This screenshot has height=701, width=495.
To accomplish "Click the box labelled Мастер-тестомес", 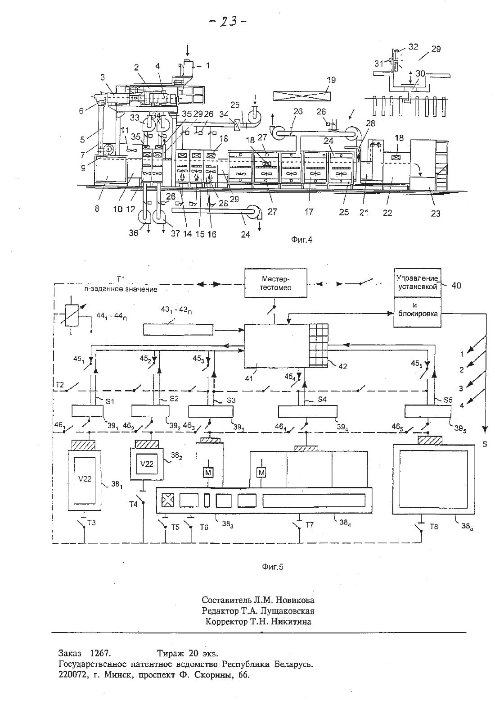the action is pyautogui.click(x=275, y=282).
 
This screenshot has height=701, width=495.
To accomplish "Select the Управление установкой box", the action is pyautogui.click(x=417, y=282).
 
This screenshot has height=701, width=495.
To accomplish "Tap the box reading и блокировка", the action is pyautogui.click(x=417, y=312).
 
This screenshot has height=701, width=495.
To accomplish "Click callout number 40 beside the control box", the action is pyautogui.click(x=456, y=286).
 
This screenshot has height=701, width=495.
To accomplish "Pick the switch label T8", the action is pyautogui.click(x=433, y=526).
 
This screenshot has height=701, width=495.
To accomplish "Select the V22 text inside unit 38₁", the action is pyautogui.click(x=85, y=479).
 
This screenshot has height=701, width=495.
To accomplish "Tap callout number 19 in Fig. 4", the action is pyautogui.click(x=331, y=80).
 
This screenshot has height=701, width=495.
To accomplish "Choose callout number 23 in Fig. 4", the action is pyautogui.click(x=435, y=214).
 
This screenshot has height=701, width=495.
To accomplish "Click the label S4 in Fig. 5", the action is pyautogui.click(x=322, y=399).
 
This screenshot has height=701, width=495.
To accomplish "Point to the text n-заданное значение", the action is pyautogui.click(x=121, y=290).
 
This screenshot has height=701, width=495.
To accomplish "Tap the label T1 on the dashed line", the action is pyautogui.click(x=121, y=278).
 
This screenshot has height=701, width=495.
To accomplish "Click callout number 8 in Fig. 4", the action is pyautogui.click(x=97, y=209).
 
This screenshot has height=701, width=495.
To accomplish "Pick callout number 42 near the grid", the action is pyautogui.click(x=343, y=366).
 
